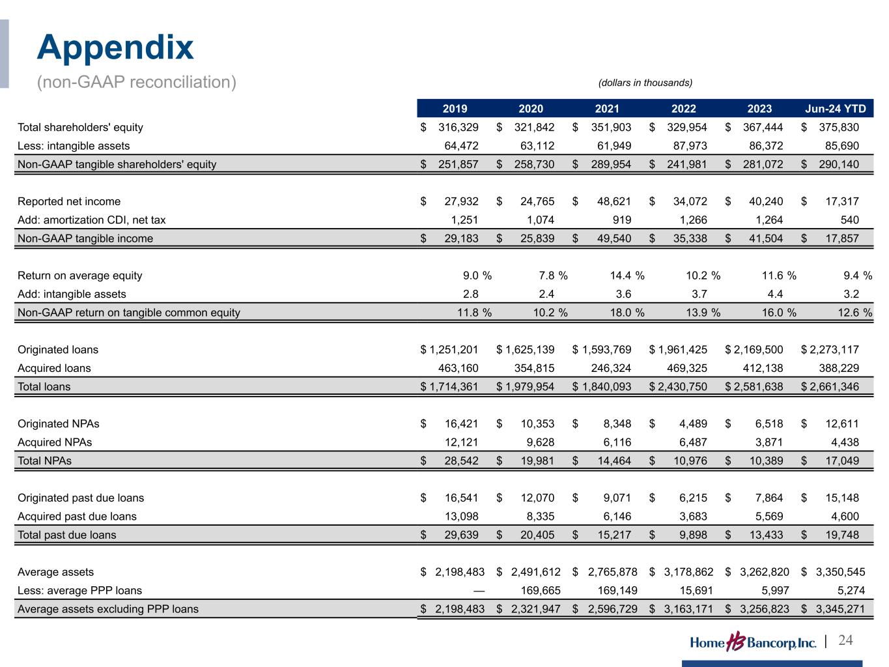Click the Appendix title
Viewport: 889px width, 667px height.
tap(115, 48)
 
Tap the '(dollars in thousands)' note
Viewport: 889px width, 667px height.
tap(645, 83)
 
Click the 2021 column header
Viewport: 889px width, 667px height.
tap(607, 109)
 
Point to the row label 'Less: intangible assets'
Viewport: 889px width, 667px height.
tap(74, 146)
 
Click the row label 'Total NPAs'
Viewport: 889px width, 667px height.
tap(44, 461)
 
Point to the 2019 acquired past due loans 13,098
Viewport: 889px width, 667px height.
tap(460, 517)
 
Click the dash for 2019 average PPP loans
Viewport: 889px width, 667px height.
tap(479, 591)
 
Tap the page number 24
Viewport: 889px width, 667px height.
tap(845, 640)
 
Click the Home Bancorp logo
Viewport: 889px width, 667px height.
tap(752, 642)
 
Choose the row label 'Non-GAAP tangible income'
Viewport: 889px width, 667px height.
tap(85, 238)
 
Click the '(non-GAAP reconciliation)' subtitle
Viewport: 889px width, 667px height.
tap(136, 83)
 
